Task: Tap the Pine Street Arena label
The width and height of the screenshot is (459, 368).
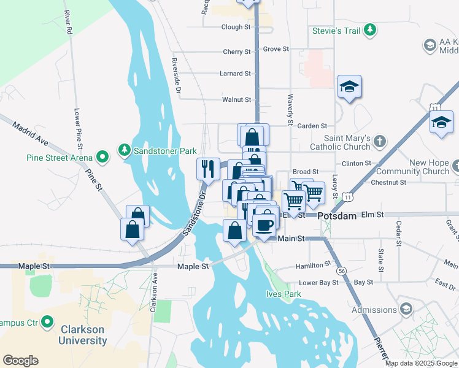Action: coord(58,157)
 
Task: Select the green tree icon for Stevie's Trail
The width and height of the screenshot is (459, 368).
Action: coord(369,29)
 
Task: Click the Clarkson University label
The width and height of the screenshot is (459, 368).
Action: coord(82,334)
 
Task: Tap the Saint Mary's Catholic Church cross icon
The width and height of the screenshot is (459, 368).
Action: coord(379,142)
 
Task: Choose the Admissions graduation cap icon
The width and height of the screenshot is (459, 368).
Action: coord(406,309)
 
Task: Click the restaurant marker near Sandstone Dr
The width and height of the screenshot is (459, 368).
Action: coord(208,167)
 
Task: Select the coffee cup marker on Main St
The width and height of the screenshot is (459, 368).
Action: coord(264,224)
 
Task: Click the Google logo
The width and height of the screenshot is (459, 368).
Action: coord(20,361)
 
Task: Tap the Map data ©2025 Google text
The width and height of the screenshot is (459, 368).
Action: coord(422,363)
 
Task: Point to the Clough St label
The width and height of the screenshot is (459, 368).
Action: coord(236,27)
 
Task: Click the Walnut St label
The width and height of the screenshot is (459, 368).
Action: coord(236,99)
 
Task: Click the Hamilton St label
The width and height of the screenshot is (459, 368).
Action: coord(313,266)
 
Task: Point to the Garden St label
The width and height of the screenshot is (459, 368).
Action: coord(312,126)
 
